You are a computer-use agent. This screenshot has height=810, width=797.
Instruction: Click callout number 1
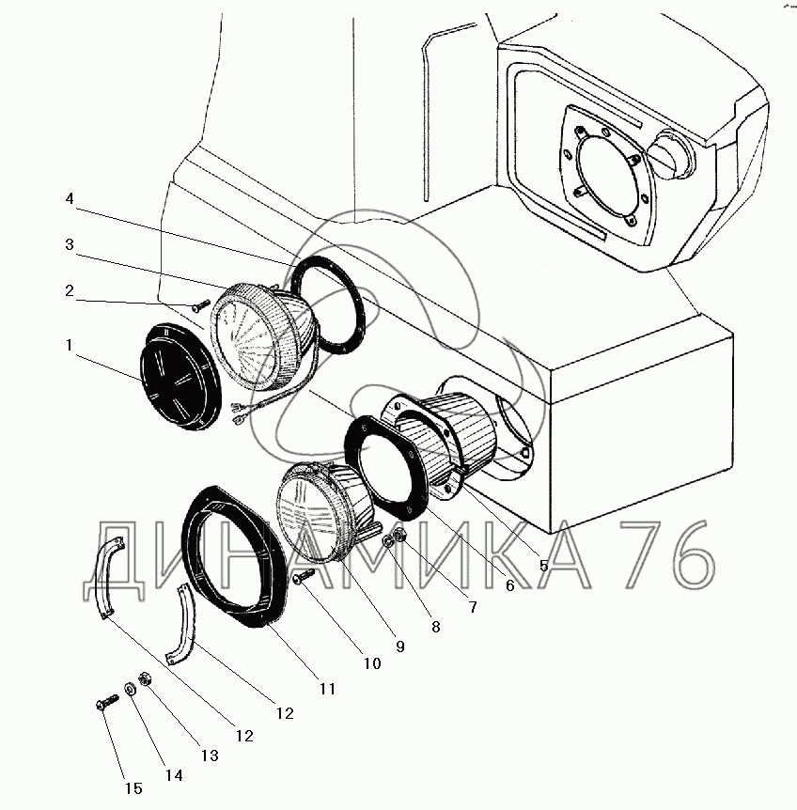[x=70, y=346]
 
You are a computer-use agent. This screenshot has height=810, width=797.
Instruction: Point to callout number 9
[x=399, y=646]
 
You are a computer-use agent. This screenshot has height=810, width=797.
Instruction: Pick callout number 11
[x=327, y=689]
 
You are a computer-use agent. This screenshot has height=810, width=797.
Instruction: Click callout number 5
[x=543, y=565]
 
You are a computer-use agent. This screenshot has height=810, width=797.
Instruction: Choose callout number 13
[x=210, y=755]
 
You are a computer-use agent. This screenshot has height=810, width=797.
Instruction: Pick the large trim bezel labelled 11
[x=235, y=554]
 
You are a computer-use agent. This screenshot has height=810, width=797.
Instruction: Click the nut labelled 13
[x=146, y=678]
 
